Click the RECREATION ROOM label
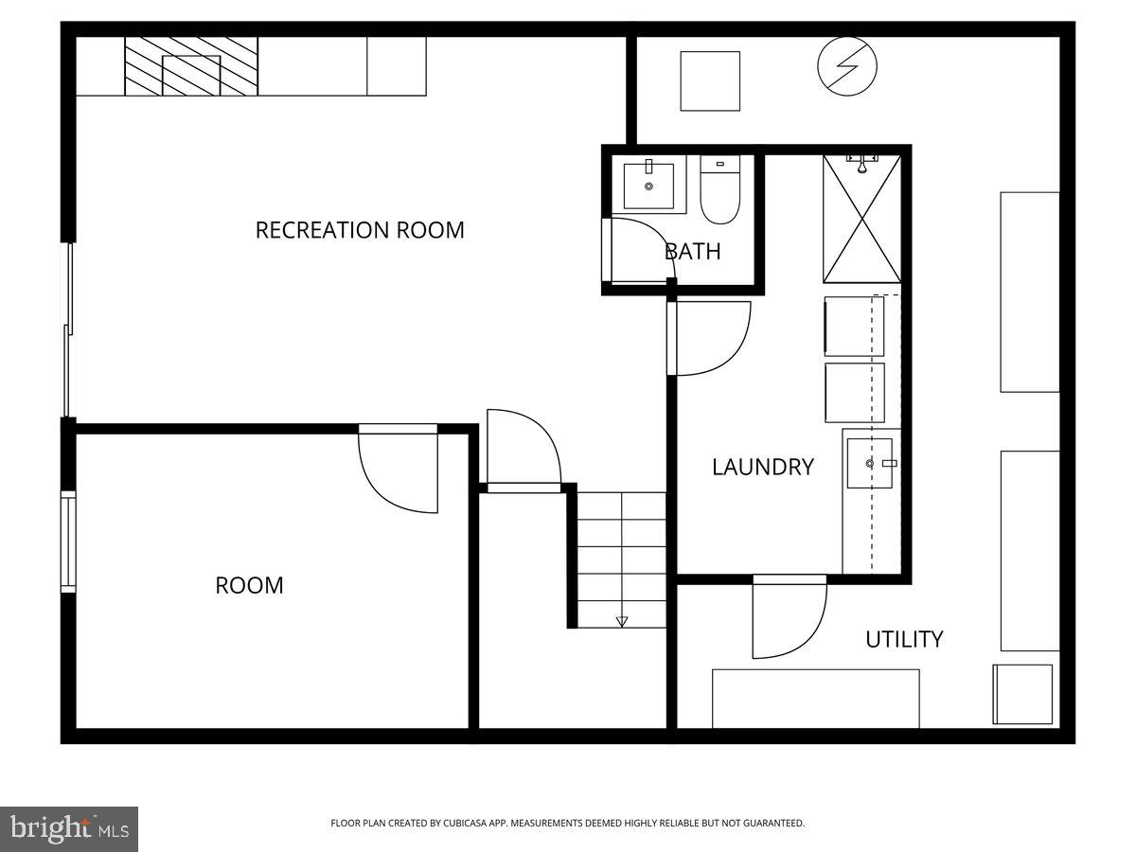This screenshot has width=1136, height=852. pos(360,230)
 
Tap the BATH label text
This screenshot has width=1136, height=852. pos(692,252)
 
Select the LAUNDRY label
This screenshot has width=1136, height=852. pos(762,467)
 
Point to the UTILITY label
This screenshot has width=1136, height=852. pos(904,640)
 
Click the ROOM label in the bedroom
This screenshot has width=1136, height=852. pos(249,586)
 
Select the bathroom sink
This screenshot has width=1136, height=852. pos(649,186)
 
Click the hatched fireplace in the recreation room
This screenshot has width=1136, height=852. pos(191,66)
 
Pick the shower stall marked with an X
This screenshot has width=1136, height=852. pos(861,219)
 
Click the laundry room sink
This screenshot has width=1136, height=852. pos(870,463)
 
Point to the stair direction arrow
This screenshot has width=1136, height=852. pos(622,621)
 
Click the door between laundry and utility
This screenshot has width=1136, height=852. pos(788,618)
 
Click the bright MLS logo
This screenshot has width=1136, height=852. pos(69,828)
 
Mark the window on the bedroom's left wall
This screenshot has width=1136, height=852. pos(68,541)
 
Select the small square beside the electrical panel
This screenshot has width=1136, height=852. pos(710,80)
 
